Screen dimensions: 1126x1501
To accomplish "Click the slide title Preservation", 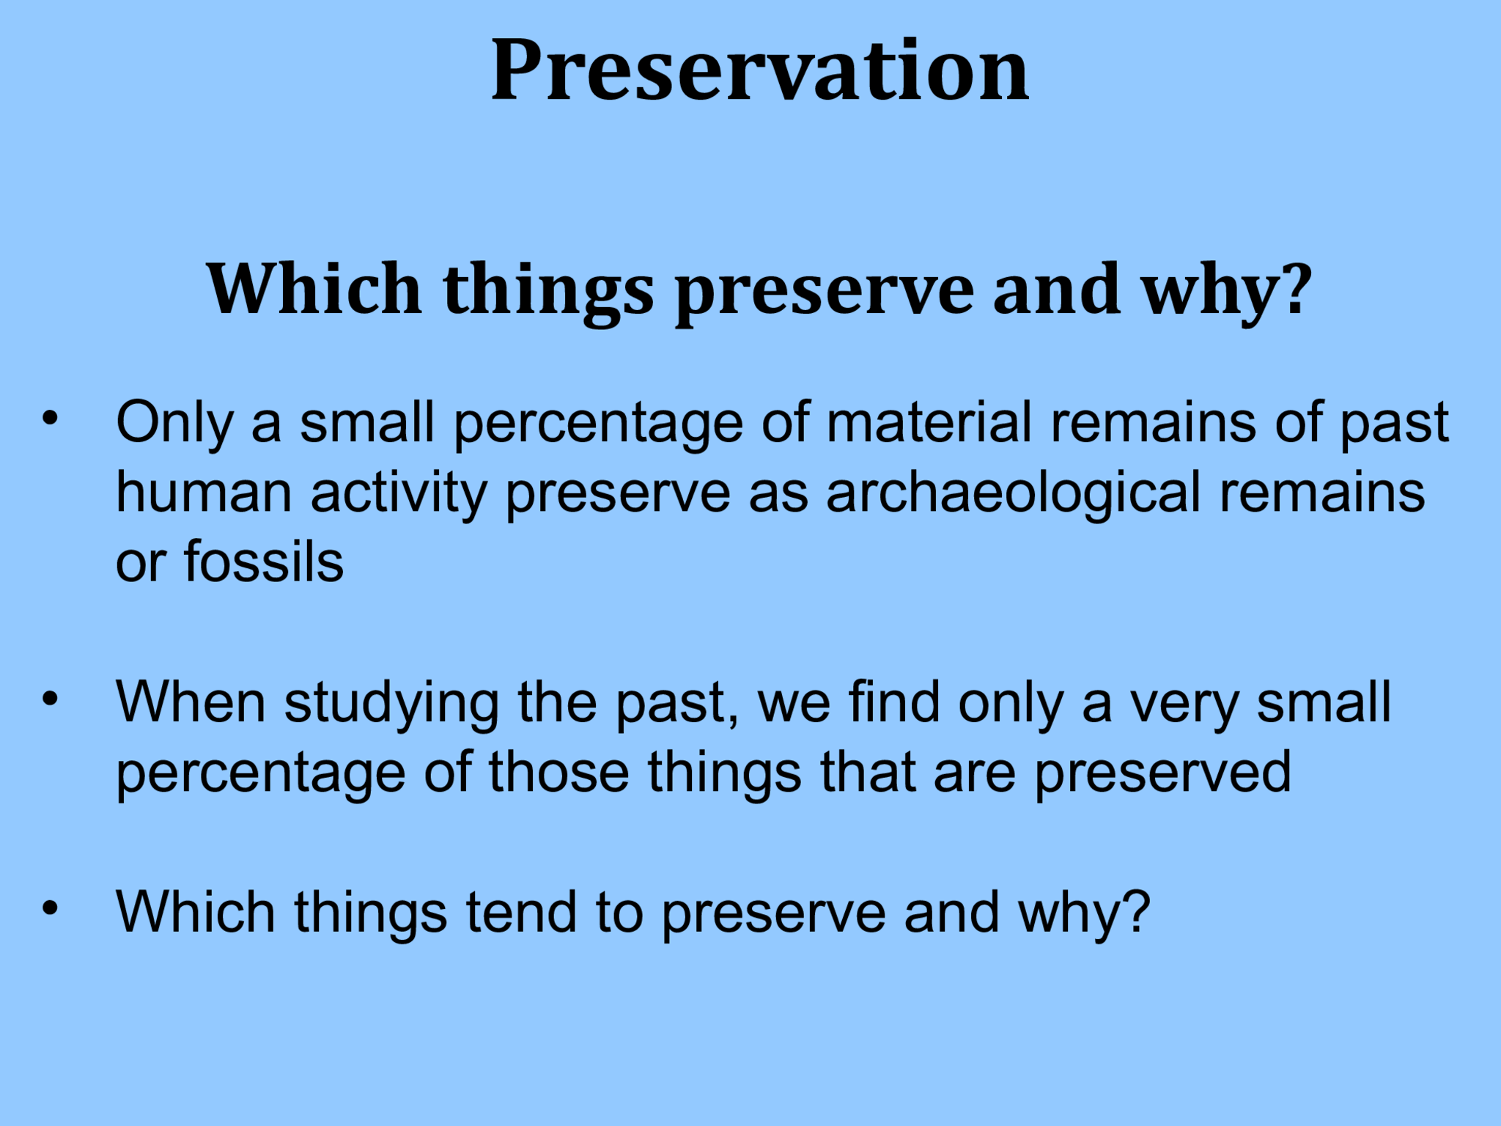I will [760, 72].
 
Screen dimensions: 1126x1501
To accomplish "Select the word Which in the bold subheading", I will [314, 289].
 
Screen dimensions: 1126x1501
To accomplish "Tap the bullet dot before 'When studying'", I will [49, 699].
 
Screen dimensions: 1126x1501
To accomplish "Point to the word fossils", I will [263, 563].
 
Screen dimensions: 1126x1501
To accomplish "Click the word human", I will [204, 493].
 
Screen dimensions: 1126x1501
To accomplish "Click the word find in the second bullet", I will [894, 702].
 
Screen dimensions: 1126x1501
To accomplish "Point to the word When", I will [191, 702].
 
